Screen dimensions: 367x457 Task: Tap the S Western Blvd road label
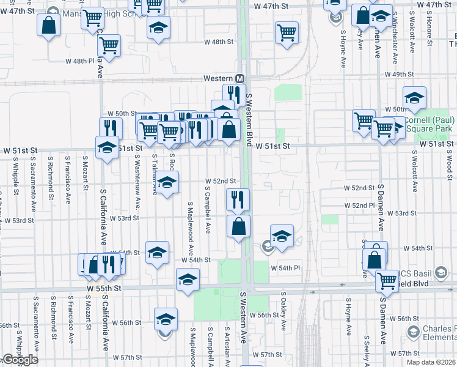click(249, 119)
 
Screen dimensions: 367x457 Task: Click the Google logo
click(20, 360)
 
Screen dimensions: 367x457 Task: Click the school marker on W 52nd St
click(167, 182)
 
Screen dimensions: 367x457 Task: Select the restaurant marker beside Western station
click(233, 94)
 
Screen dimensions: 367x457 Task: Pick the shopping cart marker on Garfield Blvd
click(387, 281)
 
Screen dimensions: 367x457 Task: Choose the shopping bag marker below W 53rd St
click(238, 226)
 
